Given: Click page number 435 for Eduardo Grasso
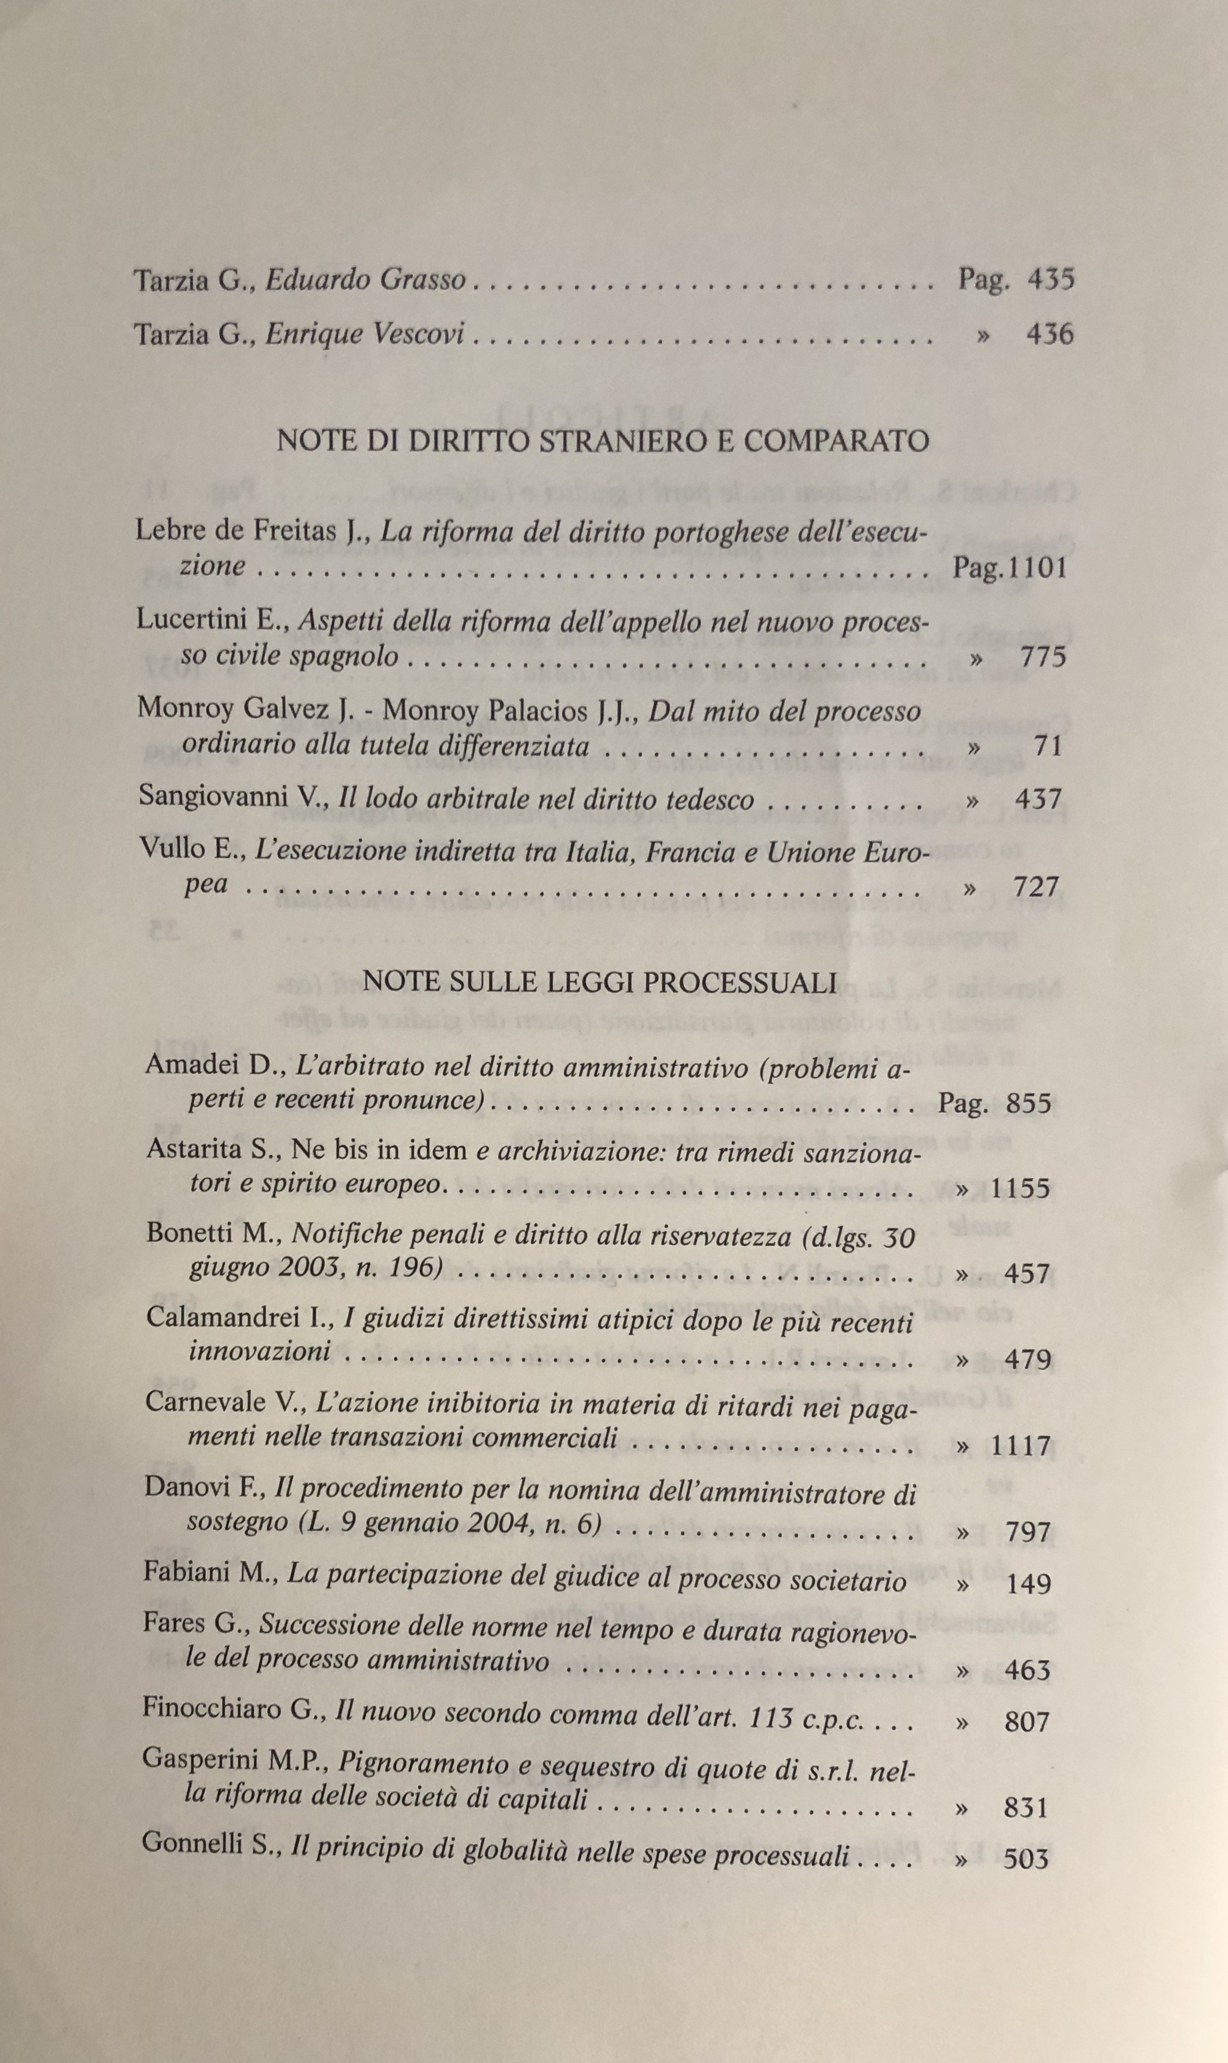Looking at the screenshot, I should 1050,280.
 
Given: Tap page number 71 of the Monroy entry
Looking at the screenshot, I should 1048,746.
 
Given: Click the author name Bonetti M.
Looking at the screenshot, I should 215,1233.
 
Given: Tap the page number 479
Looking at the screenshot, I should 1027,1360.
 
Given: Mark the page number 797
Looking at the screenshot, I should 1027,1533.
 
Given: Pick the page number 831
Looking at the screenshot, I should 1026,1808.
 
